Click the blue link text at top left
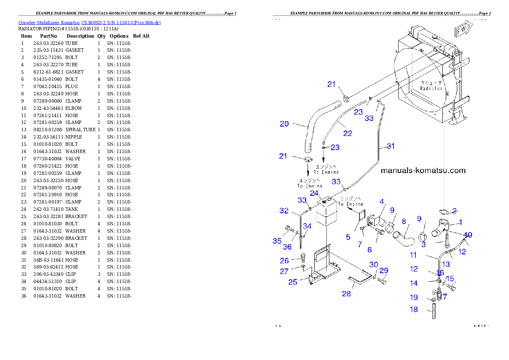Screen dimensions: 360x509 [89, 22]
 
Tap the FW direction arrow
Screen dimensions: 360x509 [462, 31]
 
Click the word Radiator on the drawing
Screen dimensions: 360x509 [431, 88]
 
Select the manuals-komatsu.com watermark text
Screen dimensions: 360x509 [423, 171]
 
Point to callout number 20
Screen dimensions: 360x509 [284, 124]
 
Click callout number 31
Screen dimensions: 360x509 [391, 146]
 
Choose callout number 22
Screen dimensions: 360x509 [348, 133]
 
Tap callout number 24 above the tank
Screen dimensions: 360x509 [314, 193]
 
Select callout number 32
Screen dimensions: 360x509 [284, 211]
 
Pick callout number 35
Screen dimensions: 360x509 [277, 241]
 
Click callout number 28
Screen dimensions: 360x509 [346, 294]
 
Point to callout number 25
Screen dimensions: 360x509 [293, 282]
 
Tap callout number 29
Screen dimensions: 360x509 [384, 271]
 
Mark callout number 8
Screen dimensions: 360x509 [403, 221]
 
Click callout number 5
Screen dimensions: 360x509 [348, 237]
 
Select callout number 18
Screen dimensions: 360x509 [414, 310]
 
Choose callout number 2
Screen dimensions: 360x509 [454, 210]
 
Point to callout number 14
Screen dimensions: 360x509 [414, 283]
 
